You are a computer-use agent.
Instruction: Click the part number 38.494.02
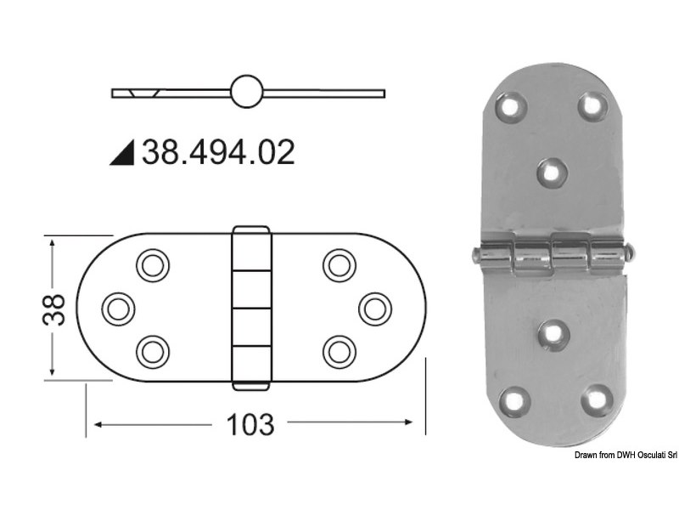(218, 152)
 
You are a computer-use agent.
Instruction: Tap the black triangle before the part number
(123, 153)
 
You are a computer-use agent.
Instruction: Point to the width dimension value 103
(251, 423)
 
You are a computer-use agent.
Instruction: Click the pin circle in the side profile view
(245, 91)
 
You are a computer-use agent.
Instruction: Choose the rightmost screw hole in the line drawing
(374, 307)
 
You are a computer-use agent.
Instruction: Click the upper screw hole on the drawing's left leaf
(152, 265)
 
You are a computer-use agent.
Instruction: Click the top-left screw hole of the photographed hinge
(512, 107)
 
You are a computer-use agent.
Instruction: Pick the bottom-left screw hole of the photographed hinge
(514, 399)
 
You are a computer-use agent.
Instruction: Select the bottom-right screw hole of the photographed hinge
(597, 398)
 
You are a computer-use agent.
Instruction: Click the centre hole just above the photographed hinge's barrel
(553, 173)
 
